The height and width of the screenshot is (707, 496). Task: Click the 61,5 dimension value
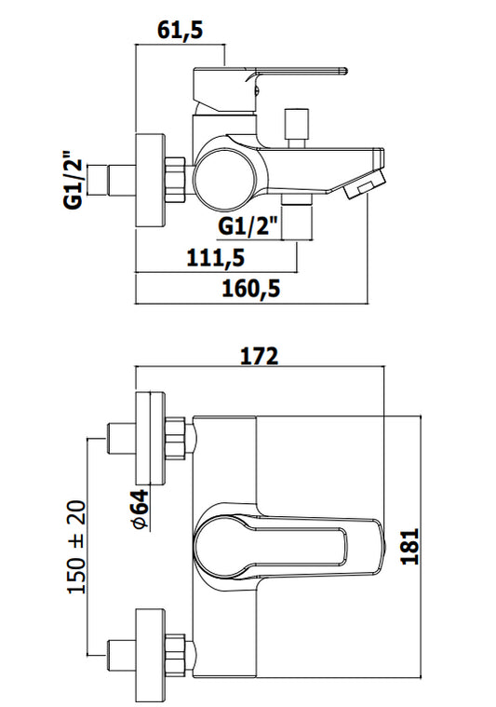pyautogui.click(x=181, y=29)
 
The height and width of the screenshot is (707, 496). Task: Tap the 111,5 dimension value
pyautogui.click(x=216, y=258)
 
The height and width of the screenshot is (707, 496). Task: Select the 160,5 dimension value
pyautogui.click(x=251, y=288)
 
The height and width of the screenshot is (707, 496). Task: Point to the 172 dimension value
pyautogui.click(x=259, y=356)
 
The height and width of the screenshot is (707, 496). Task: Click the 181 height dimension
pyautogui.click(x=410, y=546)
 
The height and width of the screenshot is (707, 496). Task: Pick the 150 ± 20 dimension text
pyautogui.click(x=76, y=547)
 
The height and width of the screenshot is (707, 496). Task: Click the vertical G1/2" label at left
pyautogui.click(x=74, y=179)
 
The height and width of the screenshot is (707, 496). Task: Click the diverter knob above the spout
pyautogui.click(x=297, y=128)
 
